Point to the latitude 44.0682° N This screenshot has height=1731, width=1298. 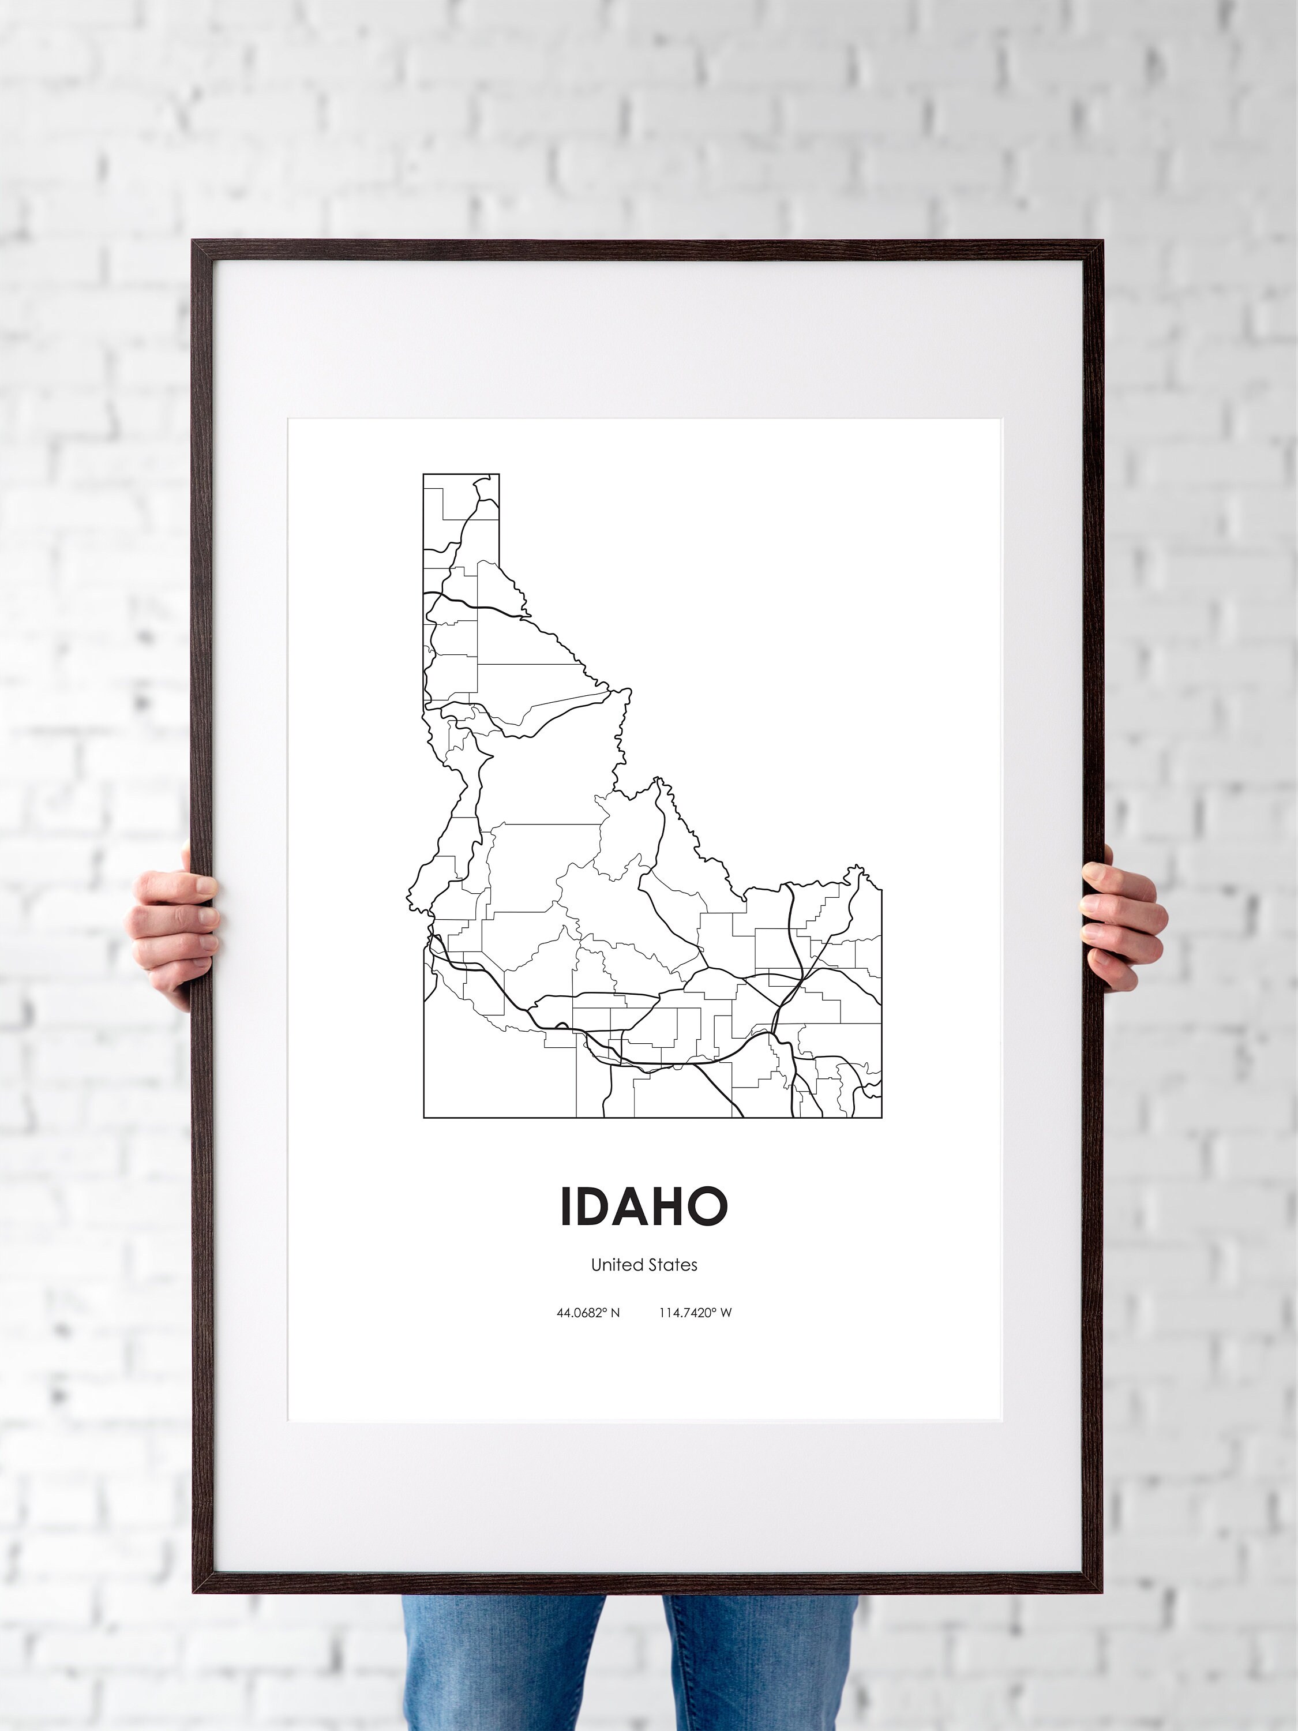point(588,1312)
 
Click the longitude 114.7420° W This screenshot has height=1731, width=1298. point(695,1312)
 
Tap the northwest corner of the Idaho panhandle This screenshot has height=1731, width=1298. point(424,474)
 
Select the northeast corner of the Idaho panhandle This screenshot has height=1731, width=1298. point(498,474)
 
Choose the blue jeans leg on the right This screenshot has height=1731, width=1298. point(759,1659)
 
